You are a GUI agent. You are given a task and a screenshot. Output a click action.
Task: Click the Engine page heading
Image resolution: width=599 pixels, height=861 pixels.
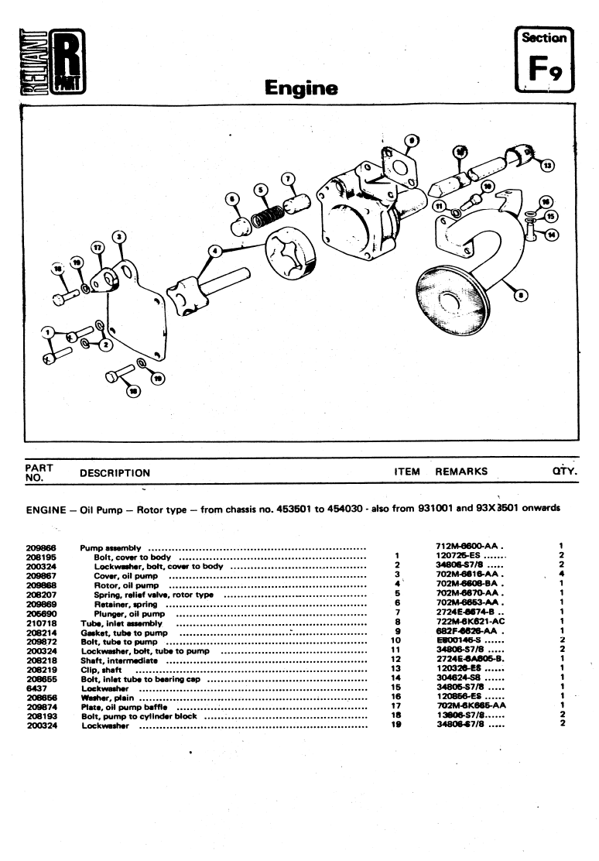(301, 87)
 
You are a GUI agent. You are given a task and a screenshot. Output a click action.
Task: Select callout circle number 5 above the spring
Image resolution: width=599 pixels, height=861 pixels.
(261, 188)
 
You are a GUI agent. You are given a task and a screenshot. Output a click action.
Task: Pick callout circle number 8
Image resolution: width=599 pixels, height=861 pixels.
(520, 294)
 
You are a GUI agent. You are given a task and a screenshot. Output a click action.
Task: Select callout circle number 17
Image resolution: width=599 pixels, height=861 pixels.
(97, 247)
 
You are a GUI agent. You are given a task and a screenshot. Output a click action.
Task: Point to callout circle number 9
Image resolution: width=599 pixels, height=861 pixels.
(412, 140)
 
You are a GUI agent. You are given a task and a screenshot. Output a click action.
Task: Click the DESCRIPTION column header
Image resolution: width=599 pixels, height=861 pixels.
(115, 472)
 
